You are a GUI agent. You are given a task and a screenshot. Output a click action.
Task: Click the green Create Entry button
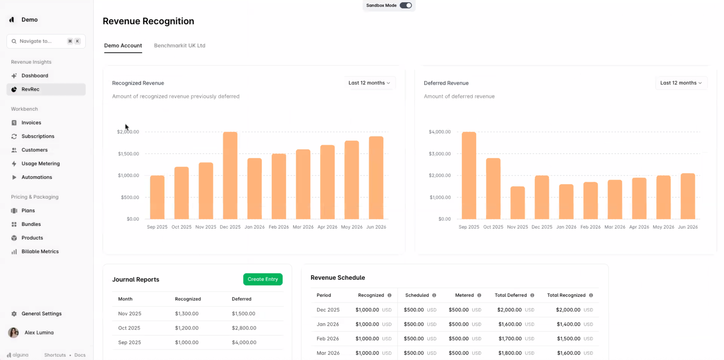point(262,279)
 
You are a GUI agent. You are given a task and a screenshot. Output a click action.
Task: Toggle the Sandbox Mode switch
point(405,5)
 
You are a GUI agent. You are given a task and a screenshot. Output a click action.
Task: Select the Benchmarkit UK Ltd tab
point(180,46)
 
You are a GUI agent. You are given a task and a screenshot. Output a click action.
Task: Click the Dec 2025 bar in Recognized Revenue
point(230,176)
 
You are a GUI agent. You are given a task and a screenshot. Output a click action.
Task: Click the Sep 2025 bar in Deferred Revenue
point(469,176)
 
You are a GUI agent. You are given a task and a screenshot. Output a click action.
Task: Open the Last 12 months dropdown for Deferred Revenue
point(681,83)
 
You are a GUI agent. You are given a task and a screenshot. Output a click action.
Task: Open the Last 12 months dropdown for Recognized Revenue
point(369,83)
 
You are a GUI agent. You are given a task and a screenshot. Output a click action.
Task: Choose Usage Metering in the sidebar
point(41,164)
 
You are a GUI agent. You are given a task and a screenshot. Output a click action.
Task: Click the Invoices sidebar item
point(31,123)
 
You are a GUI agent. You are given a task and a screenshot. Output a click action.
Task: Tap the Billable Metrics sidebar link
point(40,252)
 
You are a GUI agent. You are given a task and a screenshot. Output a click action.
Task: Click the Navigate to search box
point(42,41)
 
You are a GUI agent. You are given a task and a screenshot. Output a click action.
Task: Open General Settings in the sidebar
point(41,314)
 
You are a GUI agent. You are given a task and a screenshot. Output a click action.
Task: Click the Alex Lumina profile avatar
point(13,332)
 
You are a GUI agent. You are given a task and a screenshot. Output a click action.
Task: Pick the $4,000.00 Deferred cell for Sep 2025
point(244,342)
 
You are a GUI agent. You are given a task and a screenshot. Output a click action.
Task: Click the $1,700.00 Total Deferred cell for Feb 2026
point(510,339)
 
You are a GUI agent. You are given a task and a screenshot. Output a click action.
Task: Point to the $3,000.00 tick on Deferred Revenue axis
point(439,154)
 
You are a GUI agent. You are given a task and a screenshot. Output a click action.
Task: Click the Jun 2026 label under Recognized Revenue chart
point(376,227)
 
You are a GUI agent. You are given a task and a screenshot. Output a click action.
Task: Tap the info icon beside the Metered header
point(479,296)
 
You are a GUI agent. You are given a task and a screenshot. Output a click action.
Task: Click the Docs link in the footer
point(80,355)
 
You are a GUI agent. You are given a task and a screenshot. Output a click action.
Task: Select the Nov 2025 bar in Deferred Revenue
point(517,203)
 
